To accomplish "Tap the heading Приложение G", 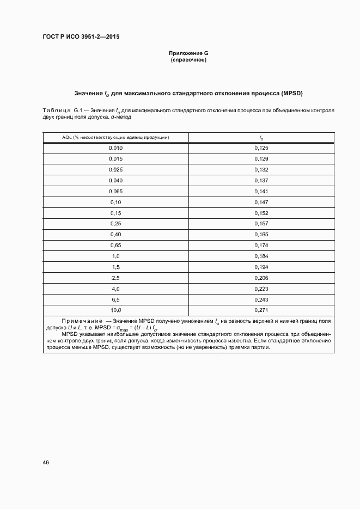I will [x=188, y=53].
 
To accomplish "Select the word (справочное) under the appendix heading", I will [x=188, y=59].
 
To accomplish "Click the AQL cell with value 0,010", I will [x=115, y=148].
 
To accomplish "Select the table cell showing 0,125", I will [x=261, y=148].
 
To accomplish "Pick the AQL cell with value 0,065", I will [x=115, y=191].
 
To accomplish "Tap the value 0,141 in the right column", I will [x=261, y=191].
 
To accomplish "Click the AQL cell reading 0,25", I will [x=115, y=224].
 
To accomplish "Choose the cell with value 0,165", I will [x=261, y=235].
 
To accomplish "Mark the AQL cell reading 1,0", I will [x=115, y=256].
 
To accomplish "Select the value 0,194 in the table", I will [x=261, y=267].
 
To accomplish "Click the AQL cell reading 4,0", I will [x=115, y=289].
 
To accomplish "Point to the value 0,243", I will [x=261, y=299].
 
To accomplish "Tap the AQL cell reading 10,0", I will [x=115, y=310].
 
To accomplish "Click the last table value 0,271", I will [x=261, y=310].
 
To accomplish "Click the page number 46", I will [x=46, y=462].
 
